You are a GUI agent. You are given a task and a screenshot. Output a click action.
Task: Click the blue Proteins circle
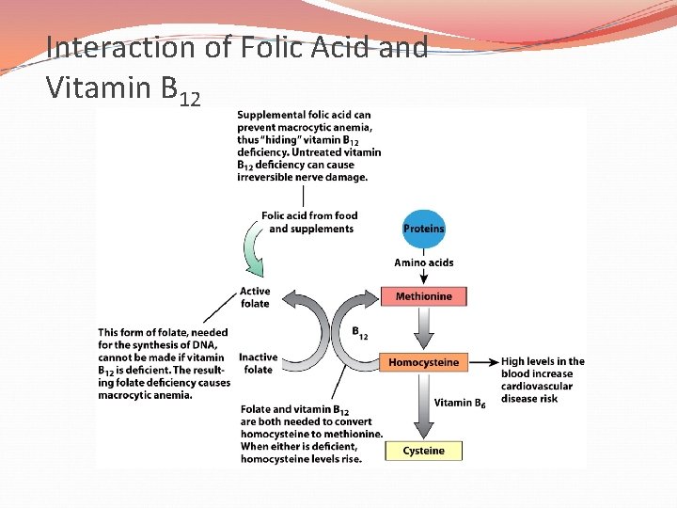423,229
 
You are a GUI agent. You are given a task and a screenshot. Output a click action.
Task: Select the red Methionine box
423,296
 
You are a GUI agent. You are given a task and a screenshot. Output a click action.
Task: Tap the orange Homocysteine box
423,362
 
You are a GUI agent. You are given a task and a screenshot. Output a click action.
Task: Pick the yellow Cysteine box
423,451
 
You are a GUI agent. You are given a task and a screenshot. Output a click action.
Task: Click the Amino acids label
423,262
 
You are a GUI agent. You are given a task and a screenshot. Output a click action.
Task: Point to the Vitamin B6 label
460,403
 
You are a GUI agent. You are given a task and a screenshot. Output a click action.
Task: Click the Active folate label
255,297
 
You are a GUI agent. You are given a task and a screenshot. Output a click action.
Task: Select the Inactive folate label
258,363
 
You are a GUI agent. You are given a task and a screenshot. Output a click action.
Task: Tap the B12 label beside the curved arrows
360,332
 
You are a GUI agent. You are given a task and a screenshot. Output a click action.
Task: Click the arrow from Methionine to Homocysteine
423,328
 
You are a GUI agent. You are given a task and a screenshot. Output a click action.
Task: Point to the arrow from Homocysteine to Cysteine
423,405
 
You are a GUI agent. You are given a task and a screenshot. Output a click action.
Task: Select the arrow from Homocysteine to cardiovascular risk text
482,362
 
